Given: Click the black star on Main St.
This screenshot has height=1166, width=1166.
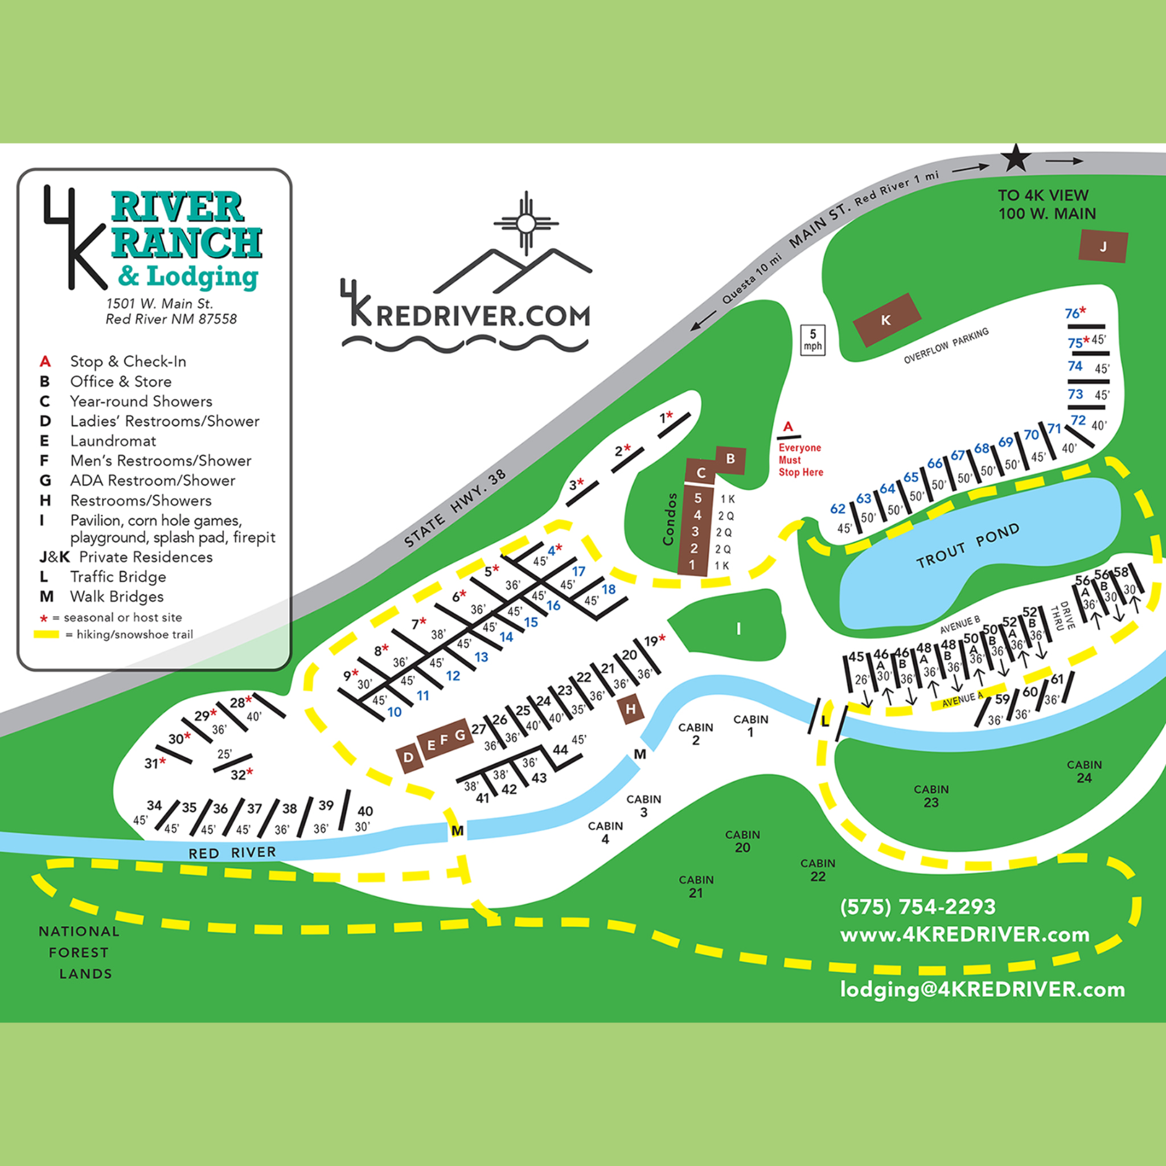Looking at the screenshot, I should [1016, 159].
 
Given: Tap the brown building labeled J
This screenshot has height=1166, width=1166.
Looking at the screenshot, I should [1103, 246].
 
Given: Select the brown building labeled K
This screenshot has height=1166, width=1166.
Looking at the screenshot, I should [886, 320].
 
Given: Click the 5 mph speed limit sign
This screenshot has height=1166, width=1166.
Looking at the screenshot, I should [812, 340].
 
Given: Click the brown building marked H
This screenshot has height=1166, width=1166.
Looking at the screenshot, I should [631, 709].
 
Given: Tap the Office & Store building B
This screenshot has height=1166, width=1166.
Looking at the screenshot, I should [730, 459].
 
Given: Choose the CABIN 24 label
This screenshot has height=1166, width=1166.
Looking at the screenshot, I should [1084, 771].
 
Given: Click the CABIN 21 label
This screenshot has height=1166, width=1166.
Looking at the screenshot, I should [696, 886].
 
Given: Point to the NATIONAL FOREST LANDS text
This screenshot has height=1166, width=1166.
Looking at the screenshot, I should [79, 952].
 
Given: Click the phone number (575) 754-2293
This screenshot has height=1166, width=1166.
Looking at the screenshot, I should [917, 907].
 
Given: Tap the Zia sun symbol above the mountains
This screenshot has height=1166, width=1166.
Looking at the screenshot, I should [525, 223].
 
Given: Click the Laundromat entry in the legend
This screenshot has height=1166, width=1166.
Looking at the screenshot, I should [113, 441].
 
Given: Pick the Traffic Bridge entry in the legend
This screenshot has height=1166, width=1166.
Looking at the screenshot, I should [118, 577].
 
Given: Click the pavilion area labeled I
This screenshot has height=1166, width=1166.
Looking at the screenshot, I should [737, 629].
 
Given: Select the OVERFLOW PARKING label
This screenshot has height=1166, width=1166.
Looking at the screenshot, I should [946, 346].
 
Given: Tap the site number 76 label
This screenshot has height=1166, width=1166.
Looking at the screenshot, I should [1072, 313].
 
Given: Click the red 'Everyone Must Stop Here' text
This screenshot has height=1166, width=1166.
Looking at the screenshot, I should [800, 460].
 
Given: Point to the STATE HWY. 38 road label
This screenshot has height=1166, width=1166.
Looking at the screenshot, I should [454, 509].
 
